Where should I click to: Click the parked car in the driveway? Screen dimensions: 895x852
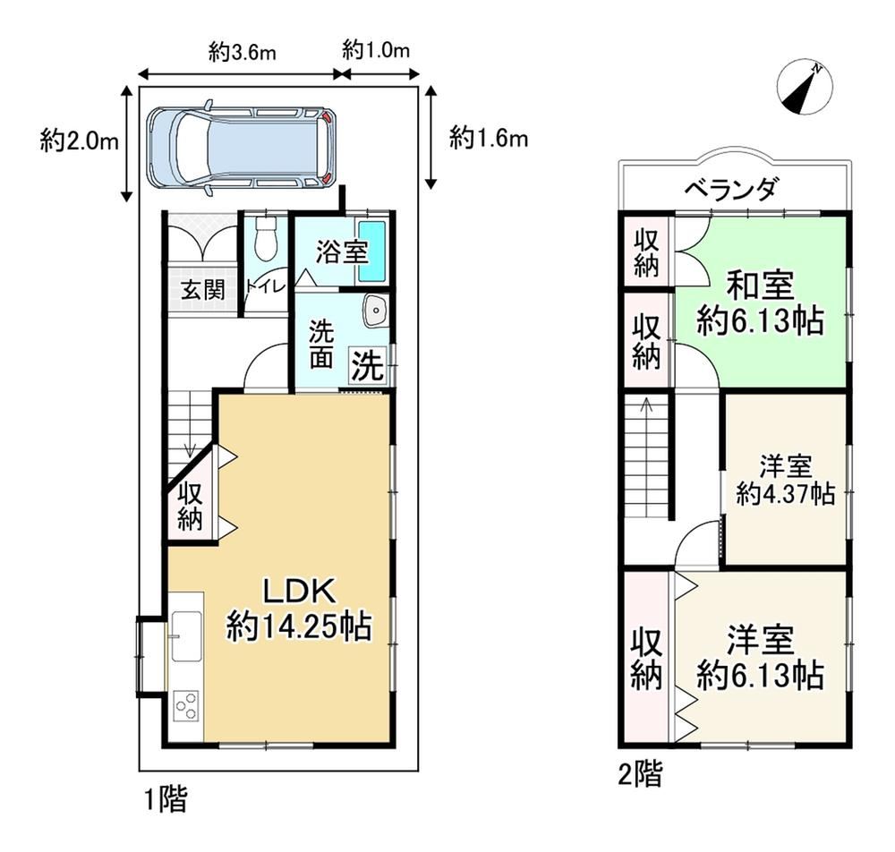click(x=242, y=149)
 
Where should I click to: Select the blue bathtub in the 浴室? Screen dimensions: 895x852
click(x=371, y=251)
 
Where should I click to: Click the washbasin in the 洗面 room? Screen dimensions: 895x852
click(x=375, y=311)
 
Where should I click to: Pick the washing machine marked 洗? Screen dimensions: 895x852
click(x=368, y=365)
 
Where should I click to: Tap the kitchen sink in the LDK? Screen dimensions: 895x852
click(x=186, y=636)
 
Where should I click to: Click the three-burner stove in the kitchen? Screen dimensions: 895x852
click(x=187, y=708)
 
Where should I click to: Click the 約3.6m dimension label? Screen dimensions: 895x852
click(x=242, y=53)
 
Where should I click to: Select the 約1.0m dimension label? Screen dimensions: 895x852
click(x=376, y=51)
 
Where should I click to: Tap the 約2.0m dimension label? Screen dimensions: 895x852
click(x=80, y=141)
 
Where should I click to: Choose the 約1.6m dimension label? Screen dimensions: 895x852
click(x=489, y=138)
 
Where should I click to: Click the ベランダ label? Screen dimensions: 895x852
click(x=731, y=188)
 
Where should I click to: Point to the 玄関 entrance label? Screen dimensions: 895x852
click(x=203, y=291)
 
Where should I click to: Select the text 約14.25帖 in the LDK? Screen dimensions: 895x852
click(x=299, y=626)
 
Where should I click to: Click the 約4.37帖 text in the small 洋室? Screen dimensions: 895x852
click(x=786, y=493)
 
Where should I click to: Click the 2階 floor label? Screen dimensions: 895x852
click(x=641, y=775)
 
